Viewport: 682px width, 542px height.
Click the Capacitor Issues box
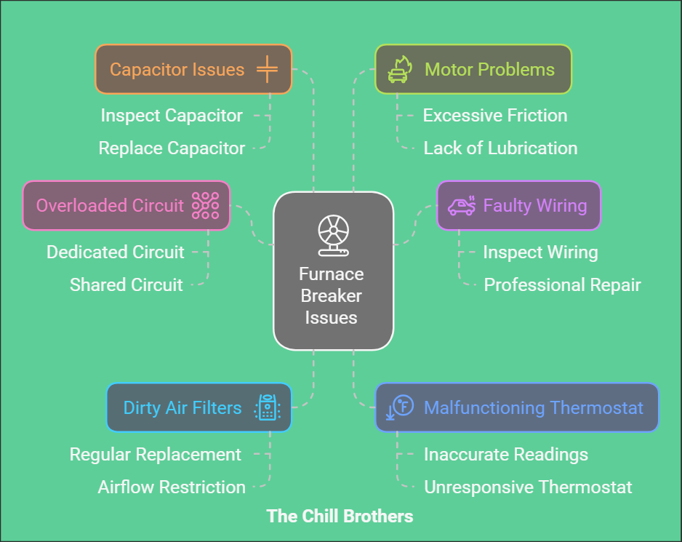tap(193, 69)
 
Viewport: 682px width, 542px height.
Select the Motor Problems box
tap(473, 69)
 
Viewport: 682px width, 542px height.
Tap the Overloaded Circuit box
tap(126, 205)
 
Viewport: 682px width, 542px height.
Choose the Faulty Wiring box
tap(518, 205)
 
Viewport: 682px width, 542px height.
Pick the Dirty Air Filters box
tap(198, 407)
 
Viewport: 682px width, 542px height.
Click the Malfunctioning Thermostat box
tap(516, 407)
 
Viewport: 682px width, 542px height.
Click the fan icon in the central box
tap(333, 233)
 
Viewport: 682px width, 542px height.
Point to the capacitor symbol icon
tap(267, 70)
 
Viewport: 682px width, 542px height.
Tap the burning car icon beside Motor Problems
tap(399, 70)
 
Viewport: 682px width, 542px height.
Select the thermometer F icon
tap(401, 408)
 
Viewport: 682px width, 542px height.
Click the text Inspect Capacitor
tap(172, 115)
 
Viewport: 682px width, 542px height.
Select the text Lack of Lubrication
tap(500, 148)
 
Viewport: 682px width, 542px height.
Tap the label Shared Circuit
tap(126, 284)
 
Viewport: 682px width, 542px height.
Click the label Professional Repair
tap(562, 284)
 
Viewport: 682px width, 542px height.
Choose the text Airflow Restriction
tap(172, 487)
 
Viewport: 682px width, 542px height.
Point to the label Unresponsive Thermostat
tap(528, 487)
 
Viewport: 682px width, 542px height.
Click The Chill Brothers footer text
tap(340, 517)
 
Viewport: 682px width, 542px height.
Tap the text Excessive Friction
tap(494, 115)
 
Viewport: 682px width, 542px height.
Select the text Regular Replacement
tap(155, 455)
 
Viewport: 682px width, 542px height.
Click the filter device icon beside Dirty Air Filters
tap(267, 408)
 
